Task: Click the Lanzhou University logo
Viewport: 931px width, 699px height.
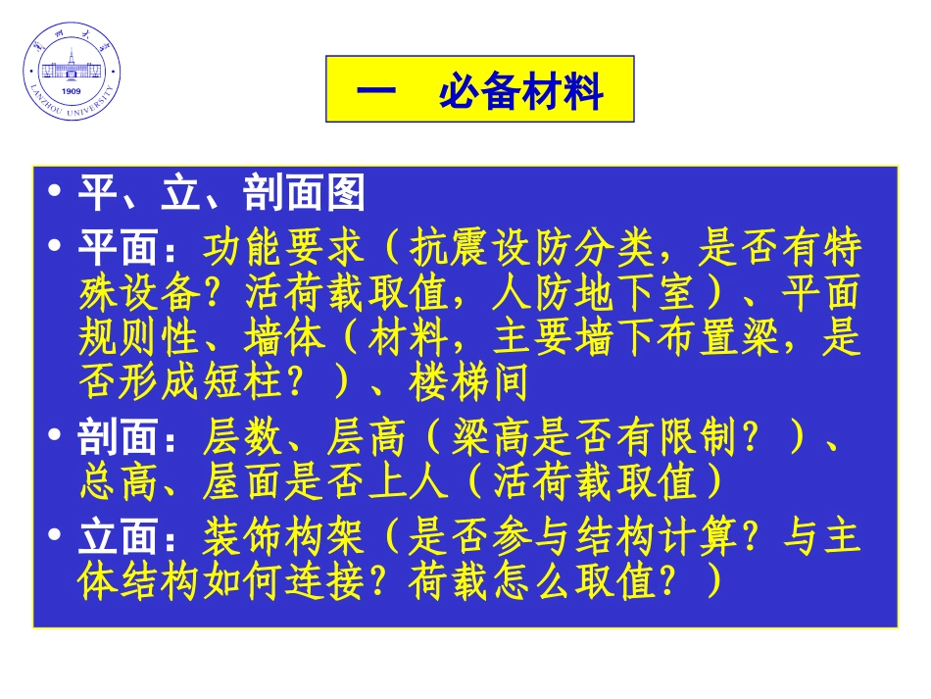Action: [x=73, y=72]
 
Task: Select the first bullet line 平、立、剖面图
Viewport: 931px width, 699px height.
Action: [x=221, y=194]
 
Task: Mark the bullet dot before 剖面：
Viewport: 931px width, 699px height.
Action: [x=57, y=438]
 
